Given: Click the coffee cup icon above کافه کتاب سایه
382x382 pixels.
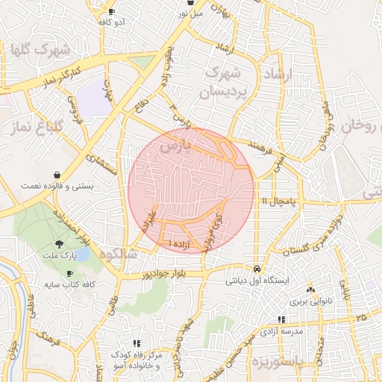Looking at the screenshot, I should (69, 274).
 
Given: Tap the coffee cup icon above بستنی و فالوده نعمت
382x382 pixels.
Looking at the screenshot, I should (55, 173).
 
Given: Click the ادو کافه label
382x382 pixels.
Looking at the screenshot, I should (111, 22).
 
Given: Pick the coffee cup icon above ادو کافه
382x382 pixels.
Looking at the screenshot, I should (112, 11).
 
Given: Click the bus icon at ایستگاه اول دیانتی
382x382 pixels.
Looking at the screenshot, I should (257, 269).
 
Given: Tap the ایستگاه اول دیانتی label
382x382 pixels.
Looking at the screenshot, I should (263, 282).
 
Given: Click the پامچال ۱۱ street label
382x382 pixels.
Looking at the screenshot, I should (280, 202).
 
